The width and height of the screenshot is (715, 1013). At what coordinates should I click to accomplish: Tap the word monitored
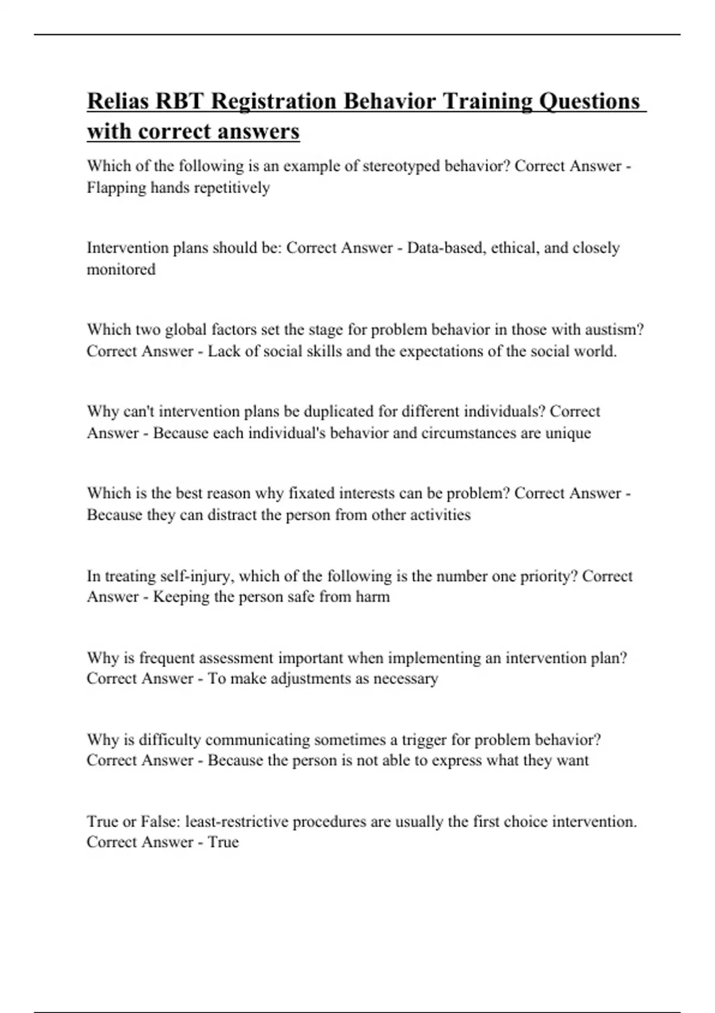click(x=121, y=269)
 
